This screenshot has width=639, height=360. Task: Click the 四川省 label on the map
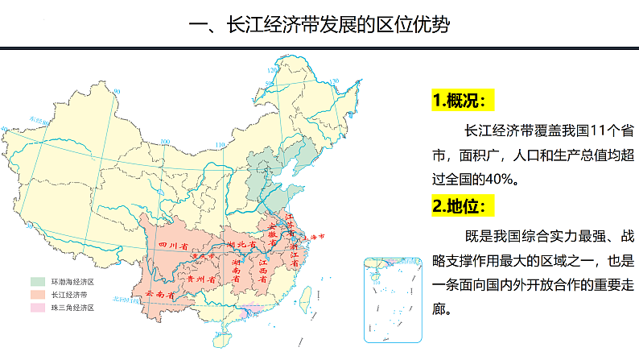pyautogui.click(x=171, y=244)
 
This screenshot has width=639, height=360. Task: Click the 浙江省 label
pyautogui.click(x=294, y=255)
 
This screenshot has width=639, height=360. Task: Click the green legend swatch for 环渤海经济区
pyautogui.click(x=38, y=282)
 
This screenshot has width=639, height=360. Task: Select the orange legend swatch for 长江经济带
pyautogui.click(x=38, y=295)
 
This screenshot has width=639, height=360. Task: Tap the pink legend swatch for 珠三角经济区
pyautogui.click(x=38, y=308)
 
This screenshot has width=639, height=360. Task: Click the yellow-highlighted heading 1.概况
pyautogui.click(x=463, y=101)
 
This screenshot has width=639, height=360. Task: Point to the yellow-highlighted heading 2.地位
pyautogui.click(x=459, y=206)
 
